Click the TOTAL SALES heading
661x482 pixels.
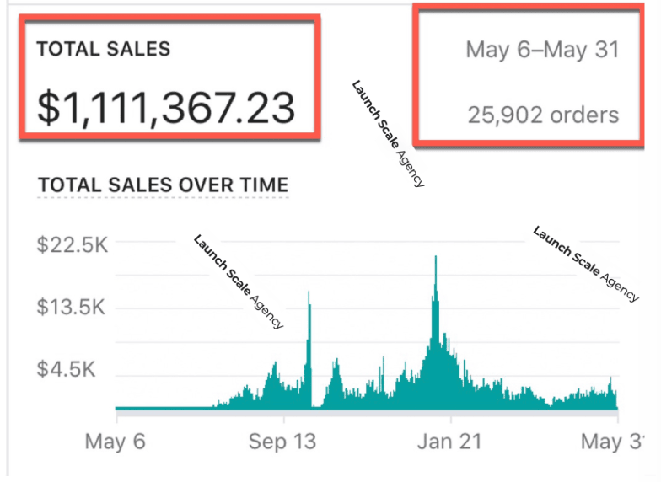pyautogui.click(x=104, y=50)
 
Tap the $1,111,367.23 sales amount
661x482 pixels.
pyautogui.click(x=166, y=108)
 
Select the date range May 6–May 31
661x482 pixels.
pyautogui.click(x=542, y=50)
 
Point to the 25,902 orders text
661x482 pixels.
pyautogui.click(x=543, y=115)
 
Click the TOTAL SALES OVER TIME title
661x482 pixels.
pyautogui.click(x=164, y=185)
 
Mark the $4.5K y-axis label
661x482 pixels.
pyautogui.click(x=71, y=369)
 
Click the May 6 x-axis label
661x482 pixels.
pyautogui.click(x=116, y=441)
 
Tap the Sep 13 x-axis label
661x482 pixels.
pyautogui.click(x=283, y=441)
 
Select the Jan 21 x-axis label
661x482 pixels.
pyautogui.click(x=450, y=441)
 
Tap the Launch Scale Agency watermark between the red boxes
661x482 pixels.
pyautogui.click(x=388, y=133)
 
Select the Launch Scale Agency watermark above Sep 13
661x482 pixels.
pyautogui.click(x=239, y=281)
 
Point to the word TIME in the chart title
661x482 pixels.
pyautogui.click(x=262, y=185)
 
